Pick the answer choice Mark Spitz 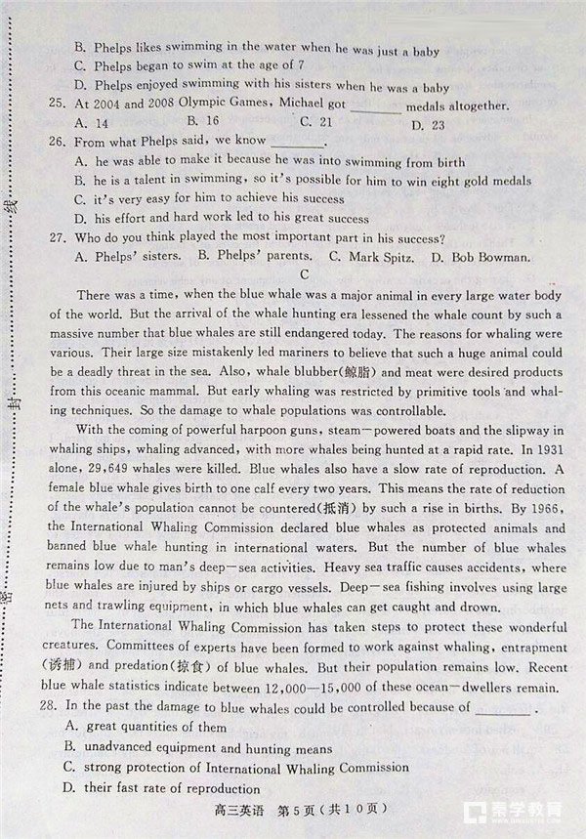pos(367,257)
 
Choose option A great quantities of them pos(146,727)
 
